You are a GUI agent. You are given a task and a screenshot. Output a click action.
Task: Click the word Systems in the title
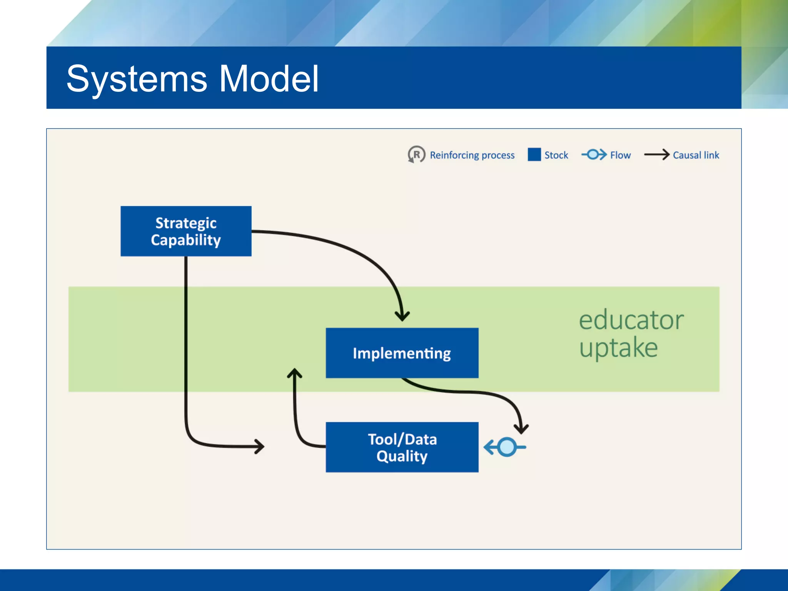(x=137, y=79)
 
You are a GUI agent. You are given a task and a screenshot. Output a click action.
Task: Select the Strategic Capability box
(x=186, y=231)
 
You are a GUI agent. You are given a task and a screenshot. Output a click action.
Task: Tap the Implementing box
(x=402, y=353)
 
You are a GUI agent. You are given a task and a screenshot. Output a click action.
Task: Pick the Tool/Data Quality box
(x=402, y=447)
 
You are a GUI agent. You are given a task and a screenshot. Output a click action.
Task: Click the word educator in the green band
(x=631, y=320)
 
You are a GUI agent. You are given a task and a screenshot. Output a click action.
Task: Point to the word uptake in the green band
(x=618, y=347)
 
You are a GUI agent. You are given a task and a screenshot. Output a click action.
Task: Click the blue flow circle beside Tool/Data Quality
(x=507, y=447)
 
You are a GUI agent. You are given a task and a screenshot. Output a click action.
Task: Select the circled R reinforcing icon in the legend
(x=416, y=155)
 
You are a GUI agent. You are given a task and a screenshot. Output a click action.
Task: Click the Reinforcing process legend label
(x=472, y=155)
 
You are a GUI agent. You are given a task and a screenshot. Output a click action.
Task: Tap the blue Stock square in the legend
(x=534, y=154)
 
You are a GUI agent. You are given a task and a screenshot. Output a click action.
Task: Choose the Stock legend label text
(x=556, y=155)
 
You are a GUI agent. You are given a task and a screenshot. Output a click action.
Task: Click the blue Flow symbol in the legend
(x=594, y=154)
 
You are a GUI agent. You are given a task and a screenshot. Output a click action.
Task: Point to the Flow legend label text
(x=620, y=155)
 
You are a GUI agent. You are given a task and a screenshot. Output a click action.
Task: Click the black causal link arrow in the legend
(x=657, y=155)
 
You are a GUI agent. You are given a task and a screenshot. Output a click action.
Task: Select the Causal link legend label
(x=696, y=155)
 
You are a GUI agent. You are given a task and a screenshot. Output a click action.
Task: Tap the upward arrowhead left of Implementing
(x=295, y=372)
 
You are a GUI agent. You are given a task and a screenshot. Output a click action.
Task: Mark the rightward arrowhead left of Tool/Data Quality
(x=260, y=447)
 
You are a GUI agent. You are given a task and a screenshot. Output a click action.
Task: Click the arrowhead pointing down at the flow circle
(x=521, y=429)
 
